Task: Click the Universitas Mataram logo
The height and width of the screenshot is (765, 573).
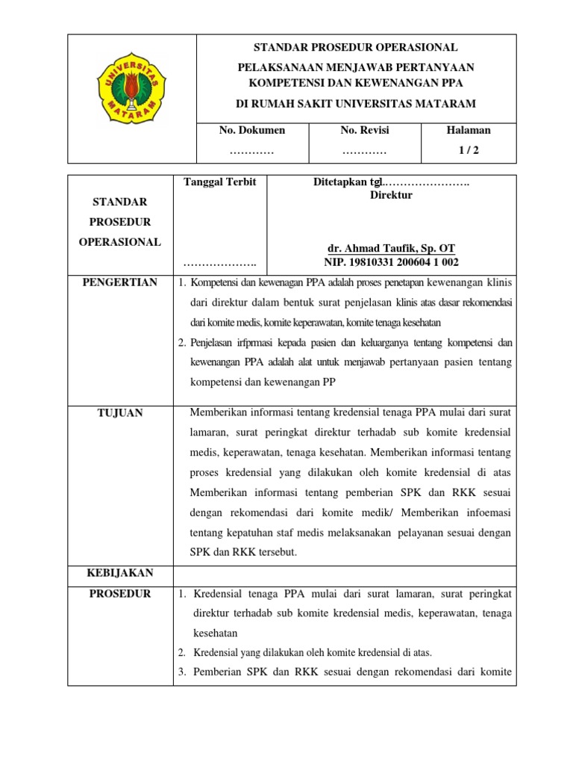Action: pos(131,99)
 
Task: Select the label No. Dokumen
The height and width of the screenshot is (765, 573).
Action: pos(251,130)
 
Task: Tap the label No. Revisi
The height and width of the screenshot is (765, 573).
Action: pos(364,130)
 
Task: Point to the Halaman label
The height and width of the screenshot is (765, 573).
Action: pos(468,130)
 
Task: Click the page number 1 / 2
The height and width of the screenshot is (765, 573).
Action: pos(468,150)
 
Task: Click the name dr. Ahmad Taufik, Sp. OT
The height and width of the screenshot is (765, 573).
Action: pos(391,248)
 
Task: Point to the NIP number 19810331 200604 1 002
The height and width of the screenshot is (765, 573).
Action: pos(391,262)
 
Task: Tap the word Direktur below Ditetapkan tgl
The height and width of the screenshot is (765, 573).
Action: pos(391,196)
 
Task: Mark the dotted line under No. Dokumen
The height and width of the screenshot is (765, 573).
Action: pos(251,151)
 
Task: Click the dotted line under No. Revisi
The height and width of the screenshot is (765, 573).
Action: pos(364,151)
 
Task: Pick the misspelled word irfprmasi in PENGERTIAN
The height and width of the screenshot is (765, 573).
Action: pos(263,343)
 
